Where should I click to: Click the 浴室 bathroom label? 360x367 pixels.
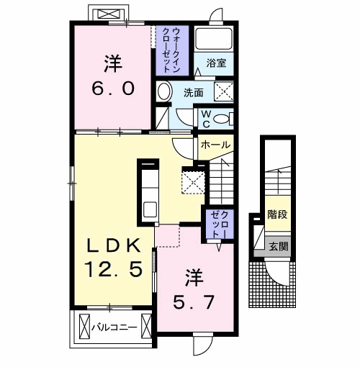(216, 63)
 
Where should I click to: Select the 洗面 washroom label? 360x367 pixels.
(192, 92)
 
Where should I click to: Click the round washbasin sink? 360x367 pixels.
(164, 91)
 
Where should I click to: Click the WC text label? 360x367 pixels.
(205, 117)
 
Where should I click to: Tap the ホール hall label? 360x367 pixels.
(215, 145)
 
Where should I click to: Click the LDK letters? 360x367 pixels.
(114, 245)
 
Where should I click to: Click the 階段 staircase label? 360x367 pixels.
(278, 214)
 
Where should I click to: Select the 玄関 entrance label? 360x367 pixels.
(279, 245)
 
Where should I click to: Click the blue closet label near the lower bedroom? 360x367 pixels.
(217, 224)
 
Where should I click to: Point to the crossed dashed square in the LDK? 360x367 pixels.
(193, 181)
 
